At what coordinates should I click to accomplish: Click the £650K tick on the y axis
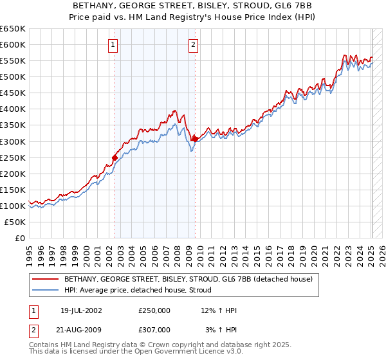pyautogui.click(x=13, y=29)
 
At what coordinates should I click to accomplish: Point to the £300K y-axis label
pyautogui.click(x=13, y=141)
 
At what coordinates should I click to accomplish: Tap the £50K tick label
pyautogui.click(x=15, y=222)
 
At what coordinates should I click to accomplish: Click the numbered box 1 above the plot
pyautogui.click(x=113, y=45)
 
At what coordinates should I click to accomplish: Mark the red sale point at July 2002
pyautogui.click(x=115, y=157)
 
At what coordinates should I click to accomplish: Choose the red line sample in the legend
pyautogui.click(x=44, y=279)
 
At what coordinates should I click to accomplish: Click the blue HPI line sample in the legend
pyautogui.click(x=44, y=290)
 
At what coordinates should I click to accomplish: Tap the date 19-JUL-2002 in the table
pyautogui.click(x=81, y=310)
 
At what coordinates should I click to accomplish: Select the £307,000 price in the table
pyautogui.click(x=154, y=329)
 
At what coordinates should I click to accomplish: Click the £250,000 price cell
pyautogui.click(x=154, y=310)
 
